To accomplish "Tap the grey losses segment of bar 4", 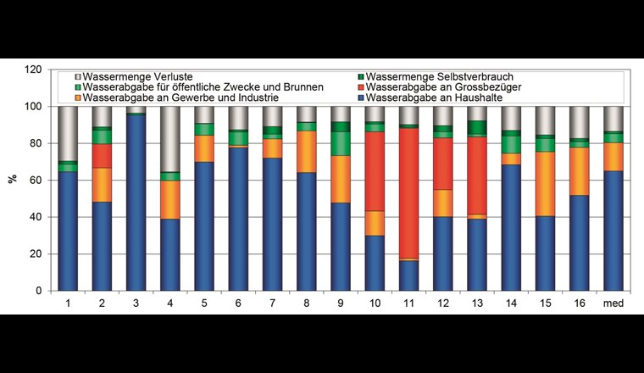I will [169, 139].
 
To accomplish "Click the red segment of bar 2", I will [102, 156].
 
